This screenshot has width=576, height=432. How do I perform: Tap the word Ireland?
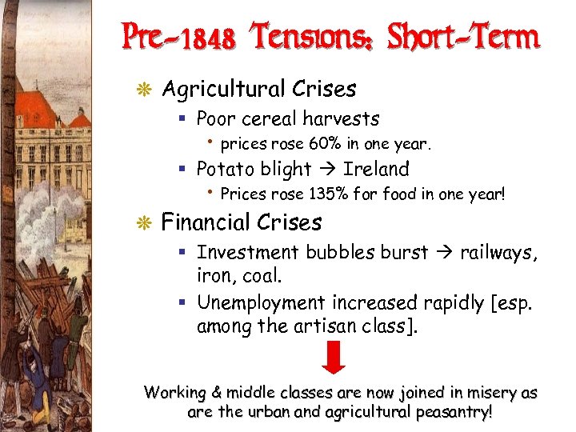click(x=376, y=170)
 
